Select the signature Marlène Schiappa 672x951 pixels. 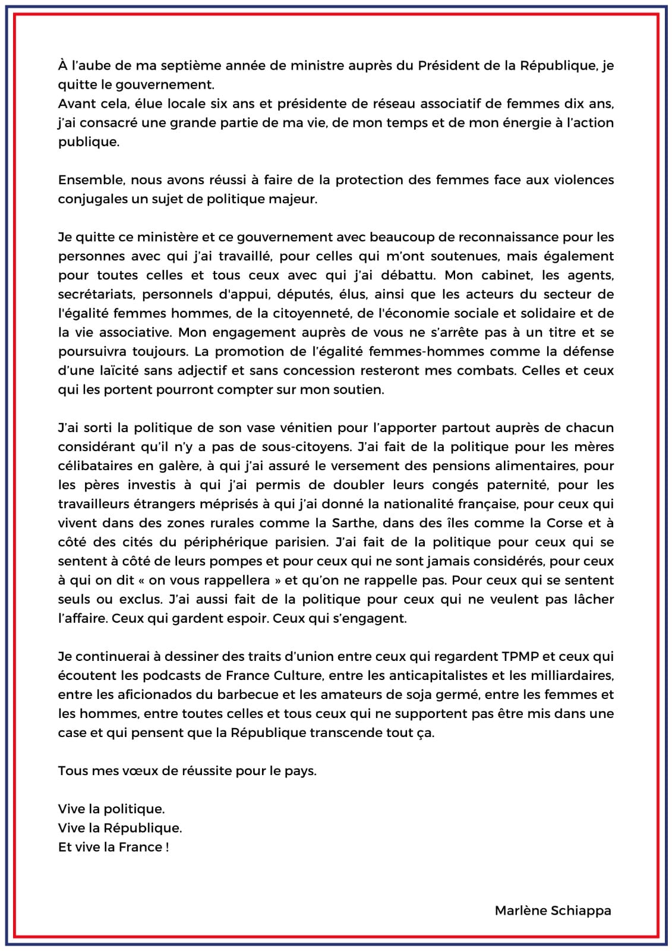[553, 911]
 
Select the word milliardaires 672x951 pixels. [570, 676]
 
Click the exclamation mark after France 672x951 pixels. [167, 848]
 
